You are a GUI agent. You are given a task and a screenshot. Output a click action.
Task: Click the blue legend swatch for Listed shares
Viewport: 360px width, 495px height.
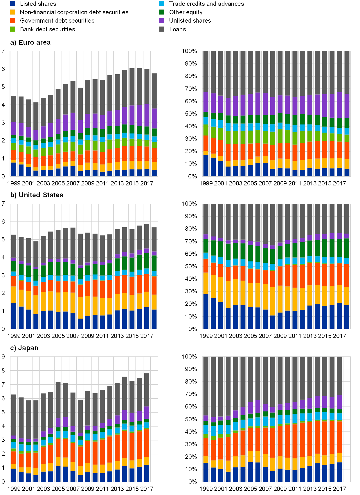point(12,4)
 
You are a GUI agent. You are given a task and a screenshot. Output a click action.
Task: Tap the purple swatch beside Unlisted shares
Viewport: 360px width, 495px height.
point(162,21)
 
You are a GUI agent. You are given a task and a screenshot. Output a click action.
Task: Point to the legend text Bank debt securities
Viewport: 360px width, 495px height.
point(48,29)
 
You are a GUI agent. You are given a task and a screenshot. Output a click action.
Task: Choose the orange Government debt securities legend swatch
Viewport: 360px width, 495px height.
point(12,21)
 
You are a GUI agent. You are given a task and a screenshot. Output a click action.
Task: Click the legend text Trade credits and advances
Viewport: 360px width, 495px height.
point(206,4)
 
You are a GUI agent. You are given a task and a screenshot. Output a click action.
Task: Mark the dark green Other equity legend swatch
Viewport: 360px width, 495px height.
point(162,12)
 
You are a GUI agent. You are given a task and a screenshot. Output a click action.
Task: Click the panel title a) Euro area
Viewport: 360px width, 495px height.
point(30,43)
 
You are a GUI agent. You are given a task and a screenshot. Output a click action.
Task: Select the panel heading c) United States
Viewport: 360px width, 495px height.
point(37,195)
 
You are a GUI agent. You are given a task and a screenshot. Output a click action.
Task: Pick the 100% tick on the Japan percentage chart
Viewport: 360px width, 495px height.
point(189,356)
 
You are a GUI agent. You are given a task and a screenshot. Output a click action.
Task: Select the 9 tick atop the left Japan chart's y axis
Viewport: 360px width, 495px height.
point(3,357)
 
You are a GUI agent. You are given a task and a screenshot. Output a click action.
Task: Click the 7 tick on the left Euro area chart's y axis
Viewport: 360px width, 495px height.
point(3,51)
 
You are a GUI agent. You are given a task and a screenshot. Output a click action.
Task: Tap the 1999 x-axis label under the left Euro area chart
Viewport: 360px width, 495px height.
point(14,183)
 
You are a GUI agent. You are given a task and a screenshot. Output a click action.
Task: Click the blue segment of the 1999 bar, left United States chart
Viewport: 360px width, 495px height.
point(14,316)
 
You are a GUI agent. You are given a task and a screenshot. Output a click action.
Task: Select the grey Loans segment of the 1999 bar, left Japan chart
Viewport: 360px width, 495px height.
point(14,415)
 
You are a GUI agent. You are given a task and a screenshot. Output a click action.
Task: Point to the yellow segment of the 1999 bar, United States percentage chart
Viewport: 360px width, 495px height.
point(206,283)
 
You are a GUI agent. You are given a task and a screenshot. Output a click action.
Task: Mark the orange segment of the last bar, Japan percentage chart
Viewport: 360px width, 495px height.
point(339,437)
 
